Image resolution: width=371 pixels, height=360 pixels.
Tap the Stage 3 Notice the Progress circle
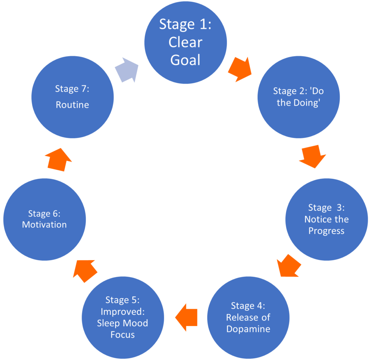326,219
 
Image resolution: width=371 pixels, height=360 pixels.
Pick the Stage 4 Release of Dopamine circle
248,317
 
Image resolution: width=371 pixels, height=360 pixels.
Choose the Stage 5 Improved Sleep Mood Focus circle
123,317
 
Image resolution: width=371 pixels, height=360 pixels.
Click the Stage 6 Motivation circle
44,219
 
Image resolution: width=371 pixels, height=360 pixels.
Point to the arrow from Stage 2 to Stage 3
312,156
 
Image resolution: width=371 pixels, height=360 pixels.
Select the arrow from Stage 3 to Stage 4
289,265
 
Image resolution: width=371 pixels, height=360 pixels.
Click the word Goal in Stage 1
185,60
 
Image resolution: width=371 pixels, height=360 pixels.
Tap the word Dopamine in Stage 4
248,329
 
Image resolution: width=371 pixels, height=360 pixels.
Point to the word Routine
72,105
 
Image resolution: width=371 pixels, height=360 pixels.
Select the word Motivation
44,225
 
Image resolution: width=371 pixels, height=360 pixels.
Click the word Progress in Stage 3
326,231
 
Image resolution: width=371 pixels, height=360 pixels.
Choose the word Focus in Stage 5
123,335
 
